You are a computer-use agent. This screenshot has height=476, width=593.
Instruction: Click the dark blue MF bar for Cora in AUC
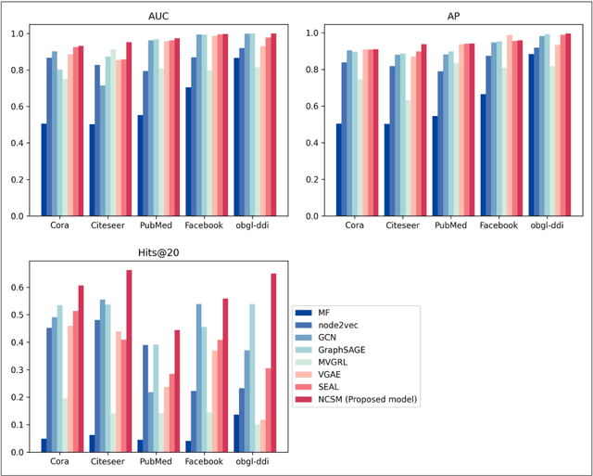pyautogui.click(x=44, y=170)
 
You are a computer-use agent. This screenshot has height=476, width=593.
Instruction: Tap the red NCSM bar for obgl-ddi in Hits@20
pyautogui.click(x=273, y=363)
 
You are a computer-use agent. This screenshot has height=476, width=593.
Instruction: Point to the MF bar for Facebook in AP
pyautogui.click(x=484, y=155)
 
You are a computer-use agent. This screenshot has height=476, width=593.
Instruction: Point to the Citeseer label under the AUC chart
pyautogui.click(x=110, y=225)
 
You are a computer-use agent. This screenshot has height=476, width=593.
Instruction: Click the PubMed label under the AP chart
pyautogui.click(x=454, y=225)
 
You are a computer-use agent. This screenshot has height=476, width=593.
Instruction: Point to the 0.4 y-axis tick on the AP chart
pyautogui.click(x=317, y=143)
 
